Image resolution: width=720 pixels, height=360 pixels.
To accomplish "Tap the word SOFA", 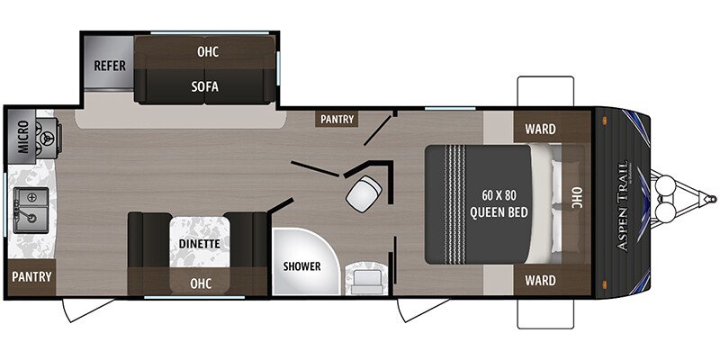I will (x=205, y=87).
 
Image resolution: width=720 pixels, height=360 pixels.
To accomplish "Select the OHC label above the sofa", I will (x=208, y=51).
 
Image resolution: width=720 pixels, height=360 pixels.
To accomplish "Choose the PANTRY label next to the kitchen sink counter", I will (x=31, y=276).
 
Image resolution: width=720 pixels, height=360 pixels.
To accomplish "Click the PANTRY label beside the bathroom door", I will (x=337, y=119).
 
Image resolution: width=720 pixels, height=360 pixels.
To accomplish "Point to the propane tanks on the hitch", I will (x=670, y=199).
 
